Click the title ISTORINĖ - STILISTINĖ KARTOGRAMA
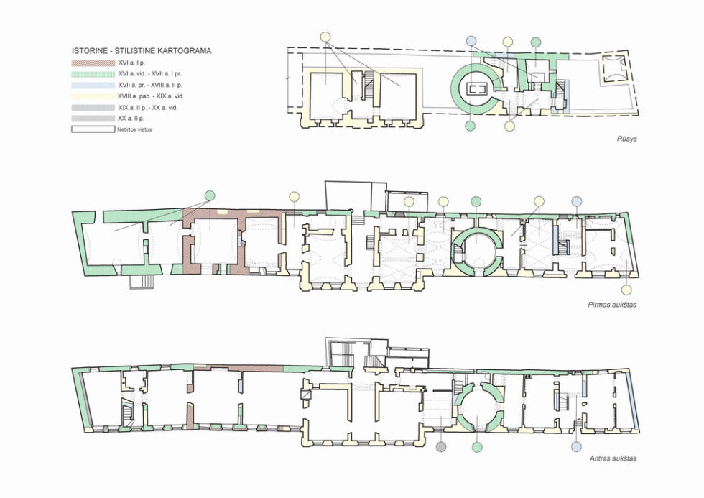coord(142,51)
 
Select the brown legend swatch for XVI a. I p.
coord(93,63)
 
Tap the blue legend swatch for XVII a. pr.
coord(93,85)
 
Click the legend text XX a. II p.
coord(131,119)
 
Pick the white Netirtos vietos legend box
coord(93,129)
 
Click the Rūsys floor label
coord(626,139)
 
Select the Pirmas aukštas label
coord(612,305)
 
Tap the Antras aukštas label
coord(613,458)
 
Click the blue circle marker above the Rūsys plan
coord(471,41)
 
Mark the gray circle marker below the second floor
coord(441,446)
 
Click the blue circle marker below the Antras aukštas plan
coord(576,446)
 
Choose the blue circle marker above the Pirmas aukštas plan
coord(576,200)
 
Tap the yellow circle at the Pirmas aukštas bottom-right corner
coord(626,290)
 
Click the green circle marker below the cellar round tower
coord(470,126)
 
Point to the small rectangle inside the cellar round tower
coord(476,88)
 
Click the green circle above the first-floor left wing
coord(210,195)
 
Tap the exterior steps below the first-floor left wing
coord(142,282)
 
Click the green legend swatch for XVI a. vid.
coord(93,74)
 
